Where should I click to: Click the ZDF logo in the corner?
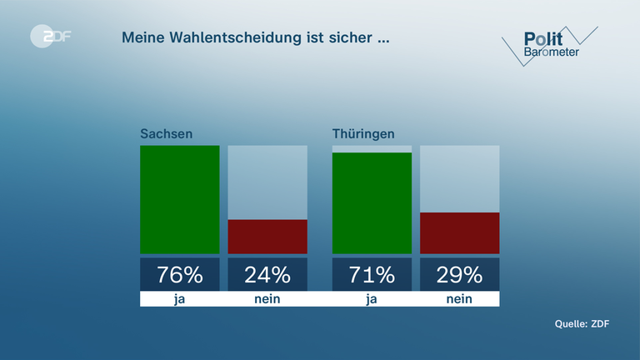tap(50, 36)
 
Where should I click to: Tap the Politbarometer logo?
tap(550, 45)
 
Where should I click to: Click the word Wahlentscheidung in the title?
tap(249, 37)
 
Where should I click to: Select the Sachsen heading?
tap(162, 133)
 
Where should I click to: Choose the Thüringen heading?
tap(363, 133)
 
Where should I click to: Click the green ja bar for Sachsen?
tap(179, 199)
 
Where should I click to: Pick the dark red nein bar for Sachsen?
tap(267, 237)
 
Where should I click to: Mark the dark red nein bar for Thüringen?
tap(460, 232)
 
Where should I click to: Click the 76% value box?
tap(179, 274)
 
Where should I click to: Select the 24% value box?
tap(267, 274)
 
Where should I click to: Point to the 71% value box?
tap(372, 274)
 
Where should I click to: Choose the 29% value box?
tap(460, 274)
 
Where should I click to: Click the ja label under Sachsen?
tap(179, 299)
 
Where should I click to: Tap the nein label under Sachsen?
tap(267, 299)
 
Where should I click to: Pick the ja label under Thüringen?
tap(372, 299)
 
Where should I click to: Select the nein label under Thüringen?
tap(460, 299)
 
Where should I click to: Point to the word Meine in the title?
tap(143, 37)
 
